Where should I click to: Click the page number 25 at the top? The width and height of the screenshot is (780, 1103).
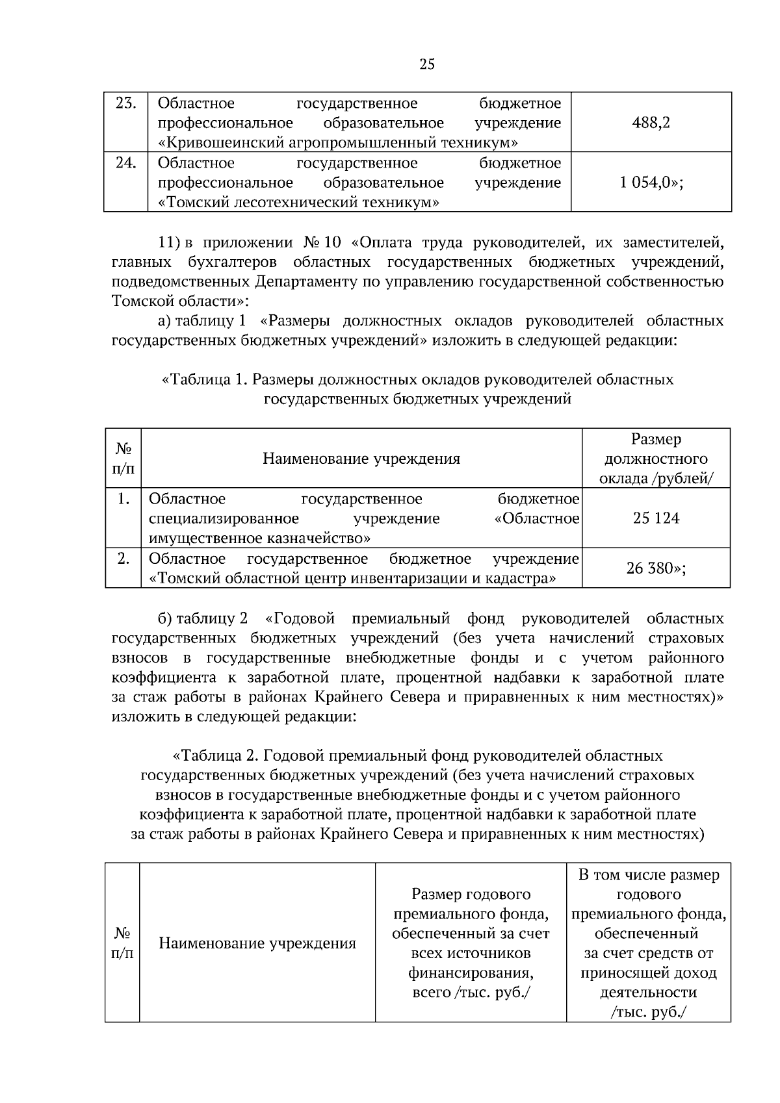pyautogui.click(x=427, y=64)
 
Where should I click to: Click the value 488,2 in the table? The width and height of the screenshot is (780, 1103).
pyautogui.click(x=651, y=123)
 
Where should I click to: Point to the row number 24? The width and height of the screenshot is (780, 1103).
pyautogui.click(x=125, y=163)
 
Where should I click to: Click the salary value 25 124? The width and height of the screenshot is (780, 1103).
pyautogui.click(x=656, y=518)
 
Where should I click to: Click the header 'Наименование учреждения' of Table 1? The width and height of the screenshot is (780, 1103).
pyautogui.click(x=361, y=459)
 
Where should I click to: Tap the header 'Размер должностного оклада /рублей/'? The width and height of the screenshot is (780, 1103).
pyautogui.click(x=656, y=459)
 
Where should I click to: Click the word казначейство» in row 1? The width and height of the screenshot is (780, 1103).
pyautogui.click(x=319, y=539)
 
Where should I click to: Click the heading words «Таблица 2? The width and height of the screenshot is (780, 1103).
pyautogui.click(x=216, y=756)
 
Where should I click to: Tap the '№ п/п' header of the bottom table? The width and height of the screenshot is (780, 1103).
pyautogui.click(x=122, y=943)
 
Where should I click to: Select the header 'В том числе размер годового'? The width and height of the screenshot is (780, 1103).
pyautogui.click(x=649, y=885)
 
